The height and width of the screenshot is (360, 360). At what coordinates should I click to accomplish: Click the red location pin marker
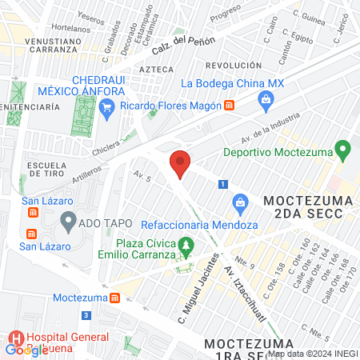point(180,163)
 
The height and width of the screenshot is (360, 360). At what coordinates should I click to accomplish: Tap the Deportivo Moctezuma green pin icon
point(344,149)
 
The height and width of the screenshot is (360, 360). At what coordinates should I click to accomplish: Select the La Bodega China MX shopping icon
point(266,99)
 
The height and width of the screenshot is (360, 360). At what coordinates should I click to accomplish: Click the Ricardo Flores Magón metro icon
point(230,106)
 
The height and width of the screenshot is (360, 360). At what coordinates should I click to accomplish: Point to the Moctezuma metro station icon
point(115,298)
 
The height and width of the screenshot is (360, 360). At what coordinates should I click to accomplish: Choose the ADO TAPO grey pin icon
point(69,219)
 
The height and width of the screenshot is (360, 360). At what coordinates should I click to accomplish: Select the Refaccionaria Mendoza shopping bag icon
point(238,202)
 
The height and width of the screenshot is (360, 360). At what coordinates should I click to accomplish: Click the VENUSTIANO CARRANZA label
point(40,45)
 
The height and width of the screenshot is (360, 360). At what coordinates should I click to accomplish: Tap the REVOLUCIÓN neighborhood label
point(234,65)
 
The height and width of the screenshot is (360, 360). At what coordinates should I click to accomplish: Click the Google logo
point(26,350)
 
